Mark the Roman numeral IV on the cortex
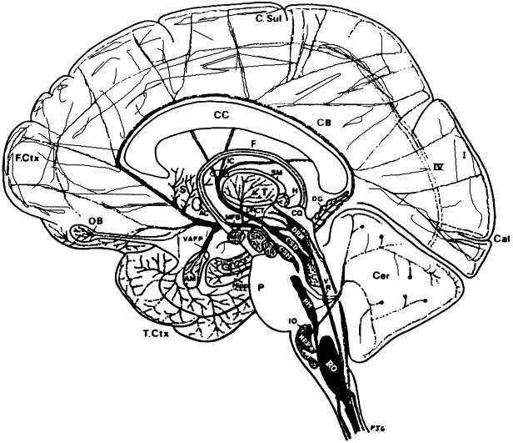(436, 167)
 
